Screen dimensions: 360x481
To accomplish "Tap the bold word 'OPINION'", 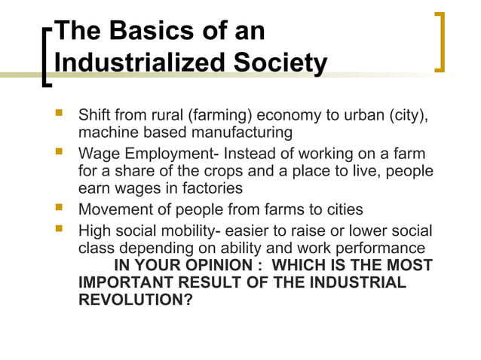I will [213, 266].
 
